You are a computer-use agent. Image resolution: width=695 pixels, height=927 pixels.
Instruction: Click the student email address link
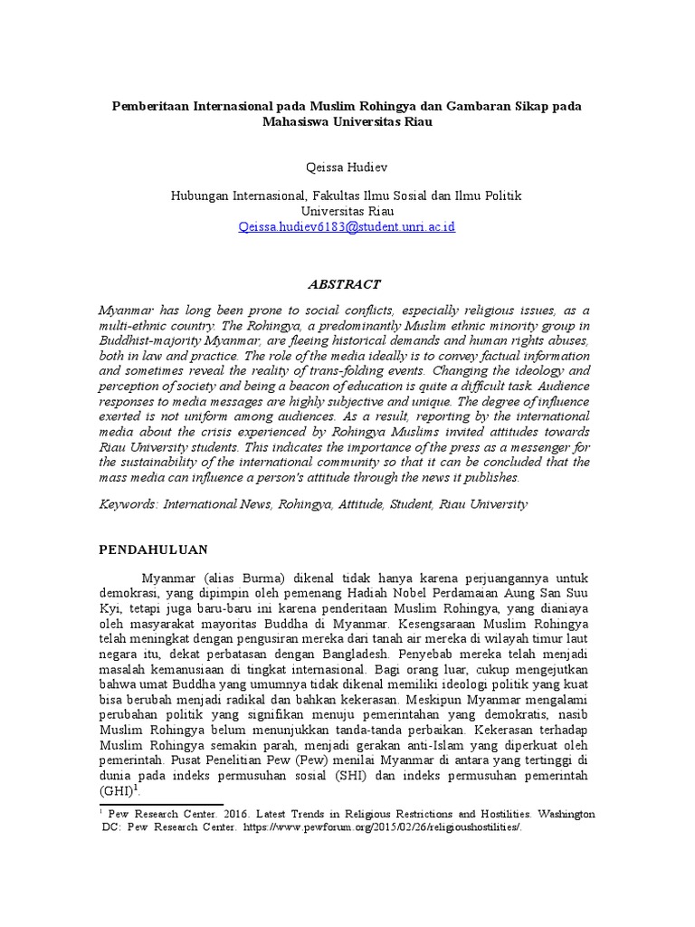tap(347, 226)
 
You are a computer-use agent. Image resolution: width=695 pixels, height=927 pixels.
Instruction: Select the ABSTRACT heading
tap(345, 283)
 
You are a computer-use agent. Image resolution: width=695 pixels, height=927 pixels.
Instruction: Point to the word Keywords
tap(128, 503)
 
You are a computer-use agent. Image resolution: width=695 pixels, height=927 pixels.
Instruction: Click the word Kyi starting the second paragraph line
tap(109, 609)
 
